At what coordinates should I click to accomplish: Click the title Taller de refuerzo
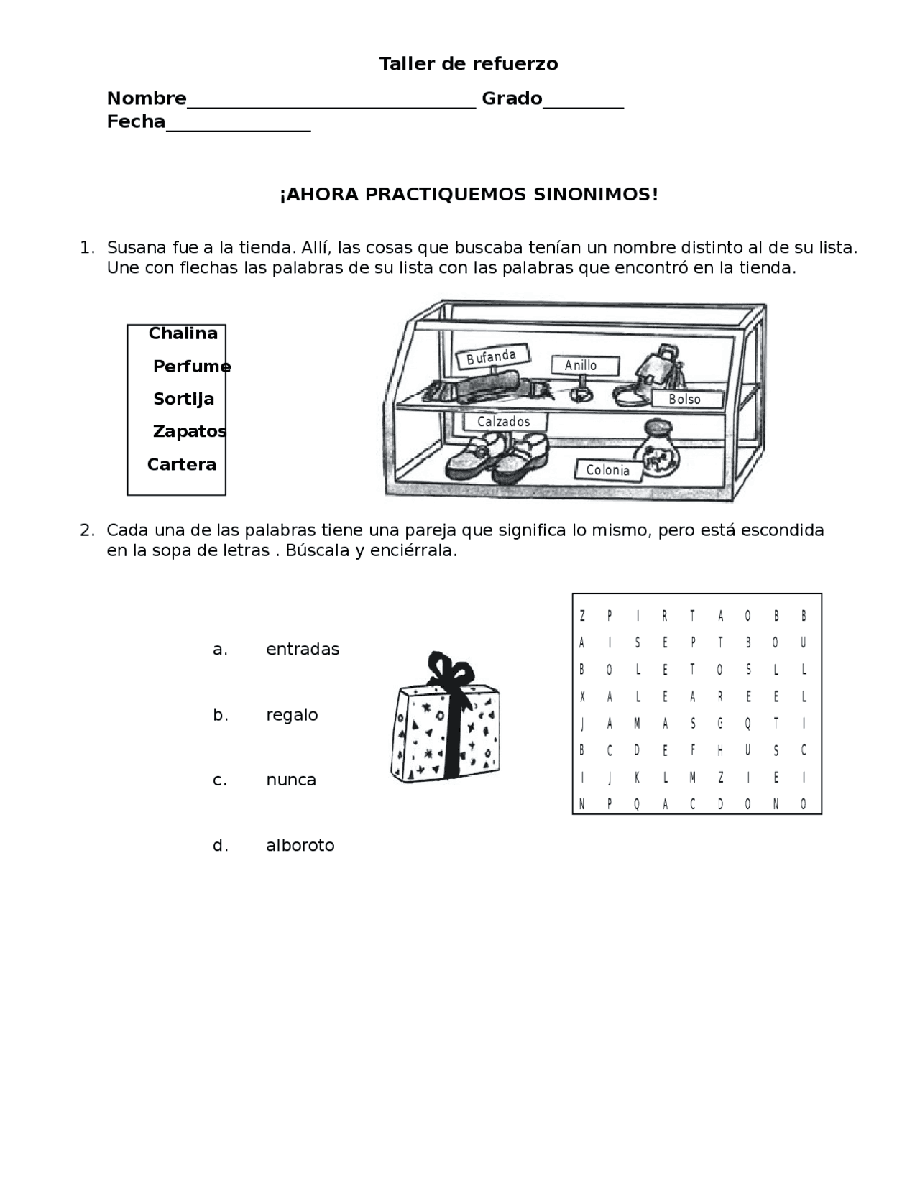468,64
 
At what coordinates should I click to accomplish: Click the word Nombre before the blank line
147,98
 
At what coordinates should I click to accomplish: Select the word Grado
512,98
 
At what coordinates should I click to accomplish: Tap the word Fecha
136,122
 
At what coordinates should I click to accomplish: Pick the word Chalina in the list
183,333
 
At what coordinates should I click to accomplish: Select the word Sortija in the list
183,399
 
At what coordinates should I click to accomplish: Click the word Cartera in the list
181,464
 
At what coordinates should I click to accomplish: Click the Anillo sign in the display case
581,365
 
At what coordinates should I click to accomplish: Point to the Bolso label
684,400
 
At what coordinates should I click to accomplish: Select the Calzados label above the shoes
503,422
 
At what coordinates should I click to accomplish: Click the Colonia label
607,470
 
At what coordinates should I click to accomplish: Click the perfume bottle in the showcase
656,451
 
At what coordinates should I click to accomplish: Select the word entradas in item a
303,650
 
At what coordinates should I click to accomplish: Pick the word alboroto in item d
300,845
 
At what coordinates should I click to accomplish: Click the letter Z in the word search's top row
582,616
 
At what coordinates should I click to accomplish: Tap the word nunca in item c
291,780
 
